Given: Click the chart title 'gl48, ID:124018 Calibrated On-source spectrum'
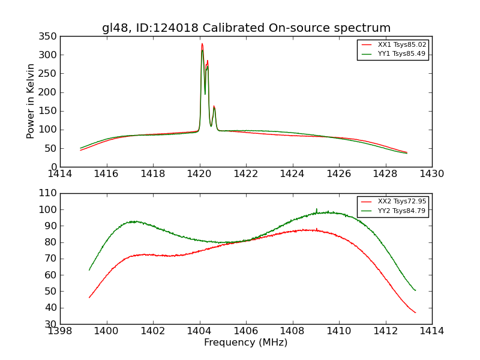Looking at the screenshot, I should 246,28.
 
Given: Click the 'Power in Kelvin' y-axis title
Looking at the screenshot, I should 31,101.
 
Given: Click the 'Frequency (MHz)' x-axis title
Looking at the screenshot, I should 245,343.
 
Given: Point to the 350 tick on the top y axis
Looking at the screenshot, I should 49,37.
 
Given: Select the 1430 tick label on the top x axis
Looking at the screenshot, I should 431,174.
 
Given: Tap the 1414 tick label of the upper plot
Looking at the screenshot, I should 60,174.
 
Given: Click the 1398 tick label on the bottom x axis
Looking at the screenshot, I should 60,331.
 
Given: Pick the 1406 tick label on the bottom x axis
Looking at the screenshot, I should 245,331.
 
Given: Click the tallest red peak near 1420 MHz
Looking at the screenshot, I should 202,44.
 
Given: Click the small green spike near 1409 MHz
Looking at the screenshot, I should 317,209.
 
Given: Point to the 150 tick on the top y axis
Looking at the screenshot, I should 49,111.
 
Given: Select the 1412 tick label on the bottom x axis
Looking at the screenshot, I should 385,331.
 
